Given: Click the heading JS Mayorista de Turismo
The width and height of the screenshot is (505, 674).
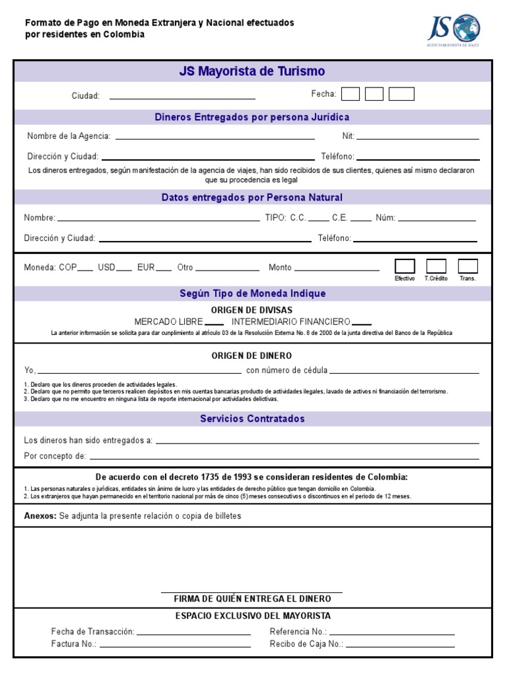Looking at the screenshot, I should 252,71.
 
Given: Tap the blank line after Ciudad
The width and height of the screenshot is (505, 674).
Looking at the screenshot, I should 182,96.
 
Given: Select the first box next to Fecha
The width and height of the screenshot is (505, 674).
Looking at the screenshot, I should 350,94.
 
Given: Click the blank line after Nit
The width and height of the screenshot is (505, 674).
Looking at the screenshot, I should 418,137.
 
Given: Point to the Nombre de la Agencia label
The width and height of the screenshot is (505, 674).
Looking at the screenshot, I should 68,136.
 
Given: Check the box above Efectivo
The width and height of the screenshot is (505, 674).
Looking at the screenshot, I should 404,266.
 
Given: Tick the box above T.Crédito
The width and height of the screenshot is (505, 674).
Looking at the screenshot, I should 436,266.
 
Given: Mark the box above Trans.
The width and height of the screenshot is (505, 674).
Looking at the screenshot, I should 468,266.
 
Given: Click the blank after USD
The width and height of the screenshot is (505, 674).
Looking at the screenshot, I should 124,269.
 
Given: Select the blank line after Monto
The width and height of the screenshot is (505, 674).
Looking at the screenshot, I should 337,269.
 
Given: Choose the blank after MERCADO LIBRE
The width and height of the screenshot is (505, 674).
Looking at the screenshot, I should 214,323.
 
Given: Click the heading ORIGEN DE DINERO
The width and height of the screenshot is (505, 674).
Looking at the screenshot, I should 252,355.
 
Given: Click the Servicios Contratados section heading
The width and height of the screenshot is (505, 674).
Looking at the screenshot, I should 252,419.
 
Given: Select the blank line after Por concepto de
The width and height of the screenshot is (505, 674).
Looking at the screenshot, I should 284,457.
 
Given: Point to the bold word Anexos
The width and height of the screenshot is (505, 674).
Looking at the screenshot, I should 40,516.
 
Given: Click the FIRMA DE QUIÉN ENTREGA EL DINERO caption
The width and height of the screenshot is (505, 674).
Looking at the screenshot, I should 252,599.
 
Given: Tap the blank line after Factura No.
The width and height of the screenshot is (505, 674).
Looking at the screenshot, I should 176,645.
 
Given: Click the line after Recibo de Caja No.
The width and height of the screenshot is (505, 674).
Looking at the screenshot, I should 400,645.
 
